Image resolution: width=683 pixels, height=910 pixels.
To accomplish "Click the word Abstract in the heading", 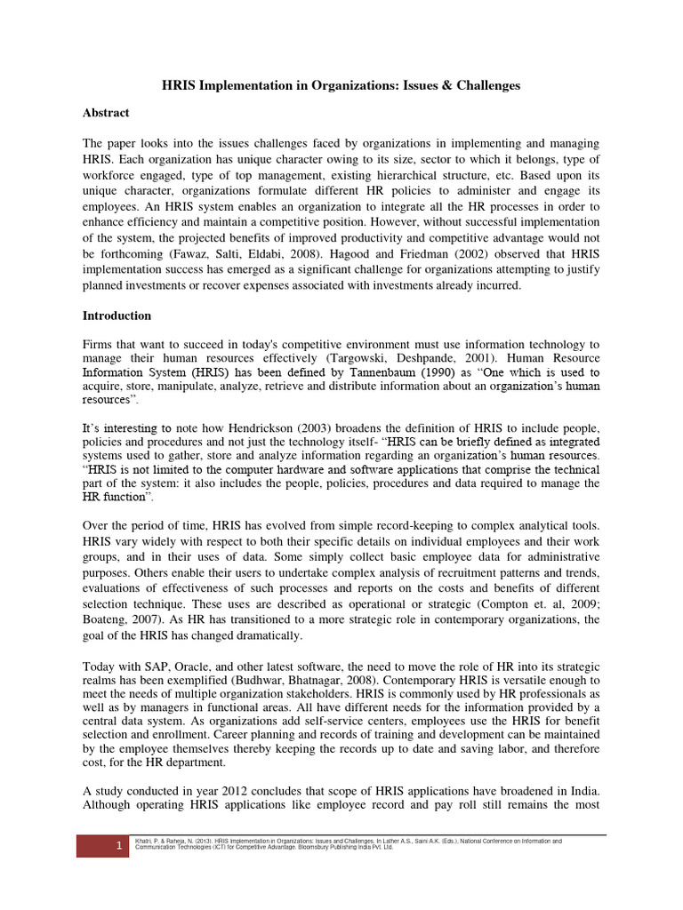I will click(x=106, y=113).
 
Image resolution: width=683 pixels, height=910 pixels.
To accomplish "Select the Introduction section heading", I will click(x=117, y=315).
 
